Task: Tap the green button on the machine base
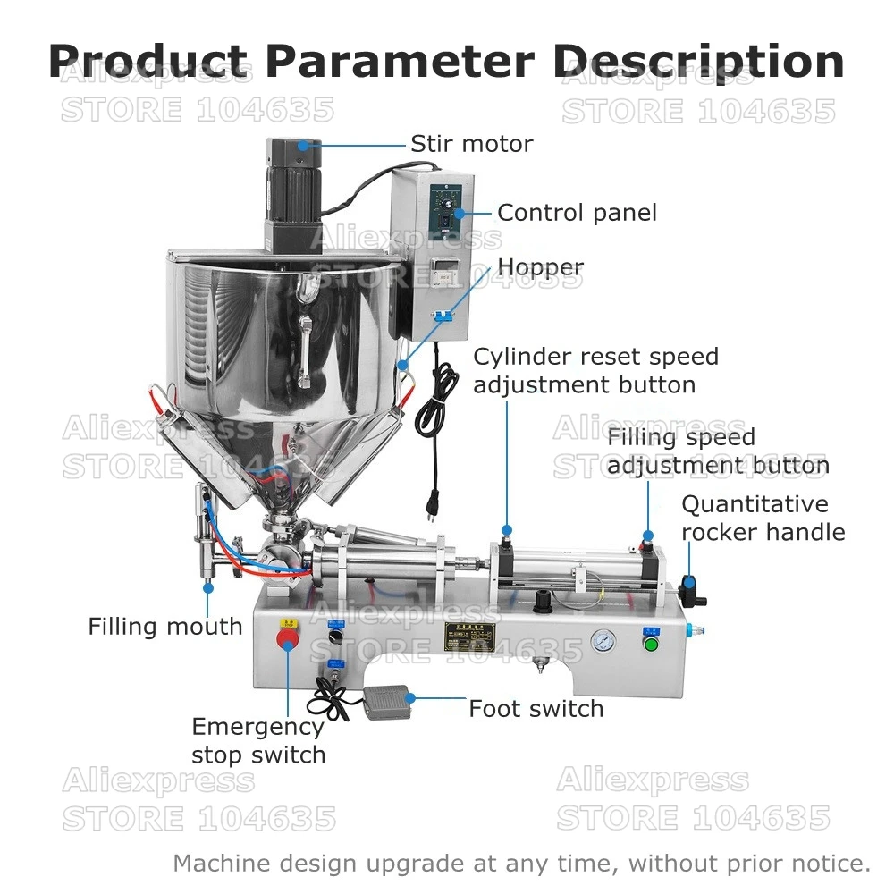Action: (x=650, y=643)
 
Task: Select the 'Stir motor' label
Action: (x=471, y=144)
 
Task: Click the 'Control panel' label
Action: (x=577, y=213)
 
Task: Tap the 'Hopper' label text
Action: (x=540, y=267)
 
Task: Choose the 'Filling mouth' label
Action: (x=165, y=627)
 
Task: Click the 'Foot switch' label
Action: (x=536, y=709)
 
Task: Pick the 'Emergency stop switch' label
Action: (x=258, y=741)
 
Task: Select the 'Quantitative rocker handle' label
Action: (x=763, y=519)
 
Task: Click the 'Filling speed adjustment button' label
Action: (x=718, y=451)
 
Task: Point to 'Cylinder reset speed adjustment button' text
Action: (x=596, y=371)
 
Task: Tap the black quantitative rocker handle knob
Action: (x=687, y=586)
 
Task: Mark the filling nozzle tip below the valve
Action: (x=208, y=586)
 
